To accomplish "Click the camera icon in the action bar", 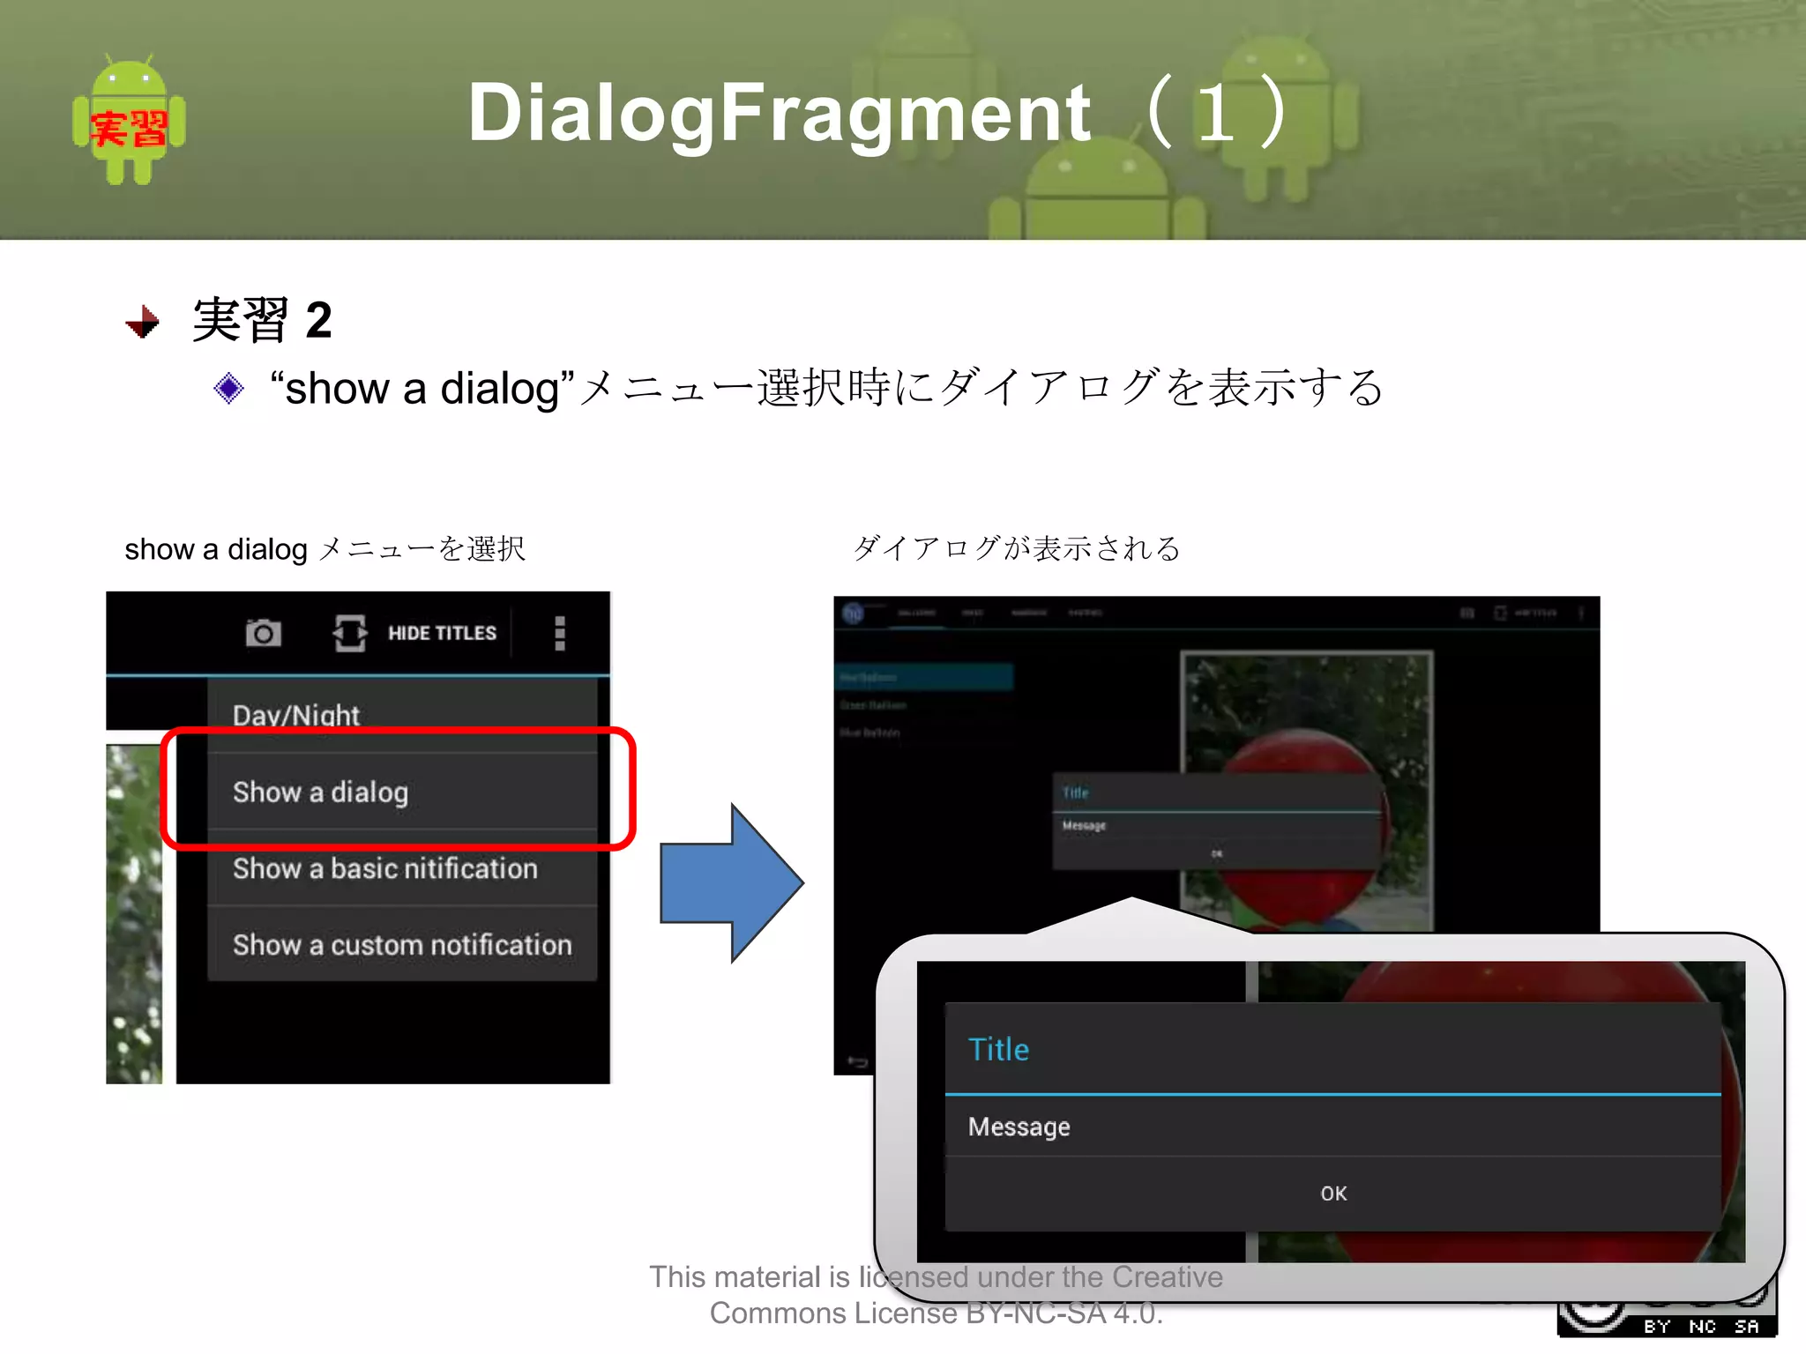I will [263, 633].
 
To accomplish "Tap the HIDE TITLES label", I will [442, 633].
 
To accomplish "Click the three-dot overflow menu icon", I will [559, 633].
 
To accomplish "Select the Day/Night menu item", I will [296, 715].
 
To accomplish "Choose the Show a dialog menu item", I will [320, 792].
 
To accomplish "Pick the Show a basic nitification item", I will [384, 868].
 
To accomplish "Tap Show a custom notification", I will [401, 944].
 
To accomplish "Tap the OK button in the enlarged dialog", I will [1332, 1193].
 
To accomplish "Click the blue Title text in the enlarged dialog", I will [998, 1049].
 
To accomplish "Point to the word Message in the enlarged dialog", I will [1019, 1127].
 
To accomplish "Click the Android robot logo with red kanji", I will [129, 121].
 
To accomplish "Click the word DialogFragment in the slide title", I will [779, 112].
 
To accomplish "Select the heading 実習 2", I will [262, 319].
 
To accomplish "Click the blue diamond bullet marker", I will [228, 388].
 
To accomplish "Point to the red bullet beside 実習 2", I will [143, 322].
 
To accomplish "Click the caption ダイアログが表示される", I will [1016, 548].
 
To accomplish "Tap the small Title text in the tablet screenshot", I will [1075, 792].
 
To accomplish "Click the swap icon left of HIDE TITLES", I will [350, 633].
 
